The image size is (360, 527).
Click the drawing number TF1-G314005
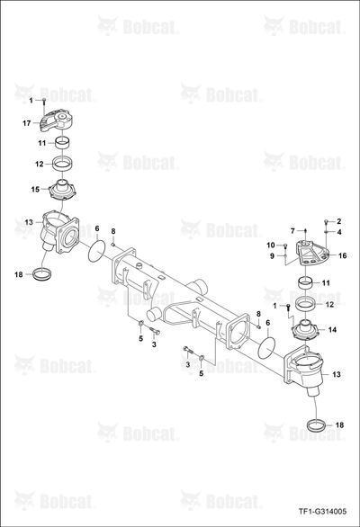point(322,512)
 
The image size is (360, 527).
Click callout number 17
point(27,123)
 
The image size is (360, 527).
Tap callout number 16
point(342,255)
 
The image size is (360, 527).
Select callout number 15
point(35,190)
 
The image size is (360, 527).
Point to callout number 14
point(332,330)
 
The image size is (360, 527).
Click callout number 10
point(271,245)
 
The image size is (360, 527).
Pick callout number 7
point(292,231)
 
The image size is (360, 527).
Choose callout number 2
point(339,221)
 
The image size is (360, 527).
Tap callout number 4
point(339,232)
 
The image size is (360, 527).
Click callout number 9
point(272,256)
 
